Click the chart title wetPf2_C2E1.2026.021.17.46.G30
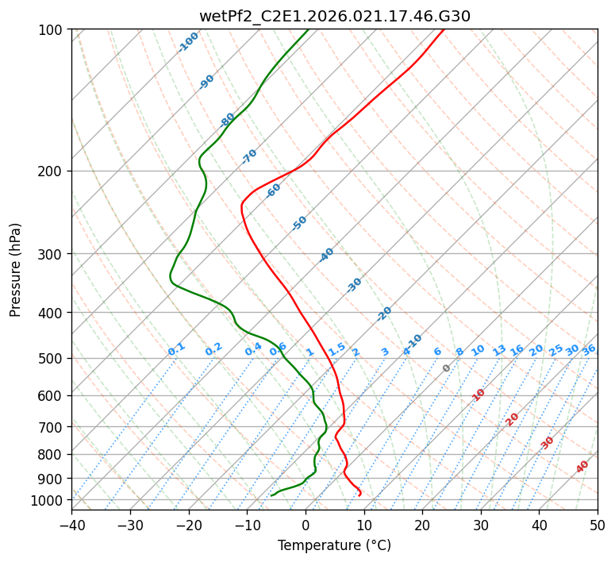334,16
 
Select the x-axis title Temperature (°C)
334,546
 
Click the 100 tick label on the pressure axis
53,30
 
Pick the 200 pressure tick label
53,171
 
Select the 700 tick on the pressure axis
53,427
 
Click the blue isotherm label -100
189,42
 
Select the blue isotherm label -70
249,156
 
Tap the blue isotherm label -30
354,285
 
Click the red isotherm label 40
582,467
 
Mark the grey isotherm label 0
447,368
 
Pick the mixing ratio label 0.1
176,349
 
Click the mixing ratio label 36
589,349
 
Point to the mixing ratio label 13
499,350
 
